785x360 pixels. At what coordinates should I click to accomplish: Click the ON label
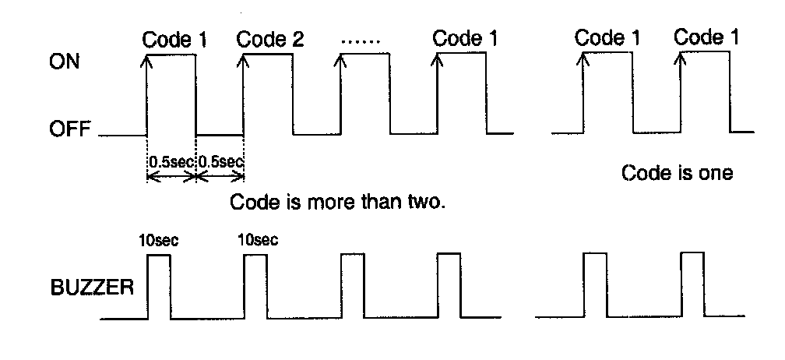65,62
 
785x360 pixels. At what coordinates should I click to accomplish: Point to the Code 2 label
269,39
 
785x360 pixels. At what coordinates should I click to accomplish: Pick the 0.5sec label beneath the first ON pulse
171,163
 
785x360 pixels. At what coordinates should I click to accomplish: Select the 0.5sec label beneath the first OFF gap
220,163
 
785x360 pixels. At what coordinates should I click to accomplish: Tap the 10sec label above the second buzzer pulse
257,240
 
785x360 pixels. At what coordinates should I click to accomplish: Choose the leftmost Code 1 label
175,39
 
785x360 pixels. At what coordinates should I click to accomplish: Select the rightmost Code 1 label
706,37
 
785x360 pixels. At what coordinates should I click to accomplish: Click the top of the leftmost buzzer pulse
158,254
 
